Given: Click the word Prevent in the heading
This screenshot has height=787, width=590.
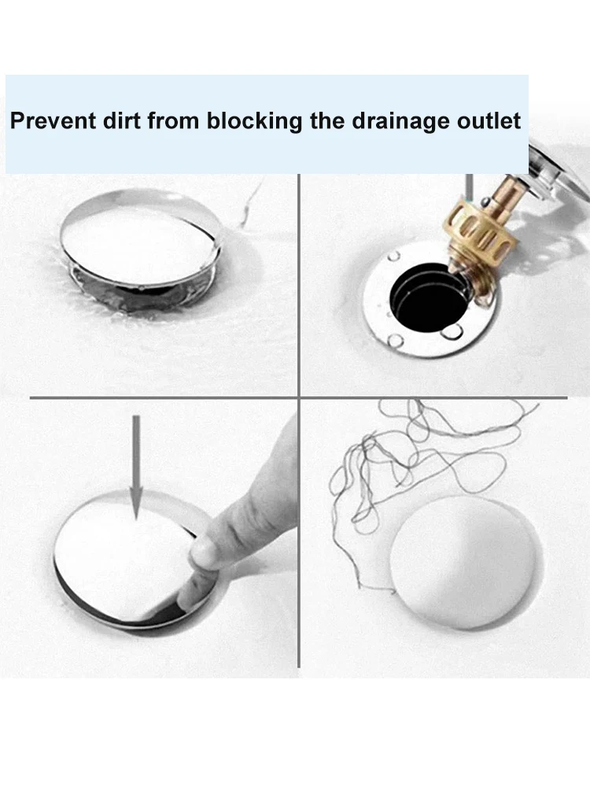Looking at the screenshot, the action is point(53,121).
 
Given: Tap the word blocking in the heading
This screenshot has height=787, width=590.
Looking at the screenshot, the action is point(254,122).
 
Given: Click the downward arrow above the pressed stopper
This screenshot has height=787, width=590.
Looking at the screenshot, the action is point(136,467).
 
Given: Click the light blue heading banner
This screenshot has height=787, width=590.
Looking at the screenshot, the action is point(267,124).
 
